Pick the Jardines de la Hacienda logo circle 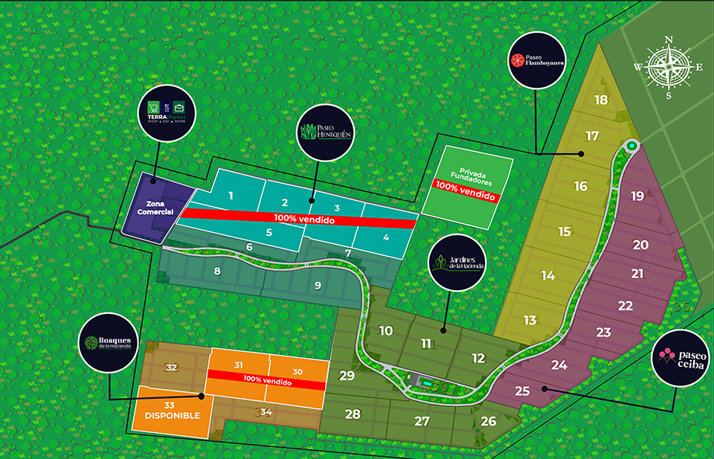point(457,261)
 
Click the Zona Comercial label point(155,208)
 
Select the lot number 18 point(601,100)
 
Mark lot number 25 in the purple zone point(522,391)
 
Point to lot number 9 point(318,285)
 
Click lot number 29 point(347,376)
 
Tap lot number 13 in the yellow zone point(530,320)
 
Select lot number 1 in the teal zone point(231,196)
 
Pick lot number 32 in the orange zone point(172,367)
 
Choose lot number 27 point(422,420)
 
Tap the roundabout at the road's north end point(631,146)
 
